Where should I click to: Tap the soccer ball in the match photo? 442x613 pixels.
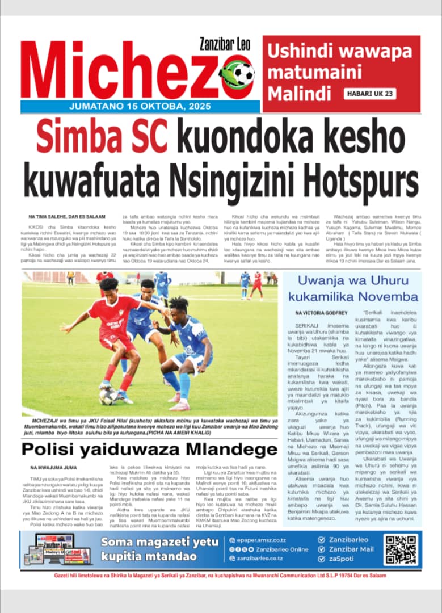[x=107, y=396]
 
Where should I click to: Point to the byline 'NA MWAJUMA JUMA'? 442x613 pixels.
[x=54, y=468]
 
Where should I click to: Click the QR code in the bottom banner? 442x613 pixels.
[x=401, y=549]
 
